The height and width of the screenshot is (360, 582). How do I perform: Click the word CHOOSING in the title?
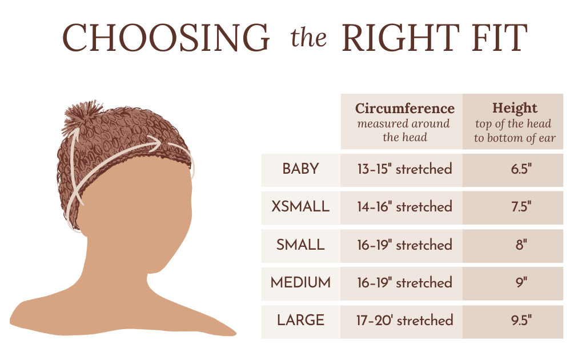click(166, 38)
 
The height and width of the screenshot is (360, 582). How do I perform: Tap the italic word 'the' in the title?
click(308, 38)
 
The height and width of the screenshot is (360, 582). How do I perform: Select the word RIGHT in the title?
click(400, 38)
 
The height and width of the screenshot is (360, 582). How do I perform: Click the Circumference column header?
click(404, 108)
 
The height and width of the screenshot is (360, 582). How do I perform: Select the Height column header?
click(515, 108)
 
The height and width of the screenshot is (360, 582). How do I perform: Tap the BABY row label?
click(300, 169)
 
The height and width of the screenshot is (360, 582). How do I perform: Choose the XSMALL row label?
click(300, 206)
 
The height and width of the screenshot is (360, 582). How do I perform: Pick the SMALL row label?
click(300, 245)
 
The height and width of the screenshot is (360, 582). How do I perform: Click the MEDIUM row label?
click(300, 283)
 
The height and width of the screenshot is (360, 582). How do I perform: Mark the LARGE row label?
click(300, 320)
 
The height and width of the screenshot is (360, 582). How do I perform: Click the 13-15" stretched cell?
click(404, 169)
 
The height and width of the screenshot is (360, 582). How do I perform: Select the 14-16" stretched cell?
click(404, 206)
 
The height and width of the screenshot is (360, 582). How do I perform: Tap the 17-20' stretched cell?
click(404, 320)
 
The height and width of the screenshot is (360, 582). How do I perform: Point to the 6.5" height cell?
click(521, 169)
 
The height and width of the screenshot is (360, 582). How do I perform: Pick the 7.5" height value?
click(521, 206)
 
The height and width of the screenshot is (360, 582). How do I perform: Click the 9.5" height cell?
click(521, 320)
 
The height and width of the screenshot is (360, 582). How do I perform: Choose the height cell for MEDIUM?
click(521, 283)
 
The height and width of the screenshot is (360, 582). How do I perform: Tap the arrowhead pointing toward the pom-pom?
click(75, 134)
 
